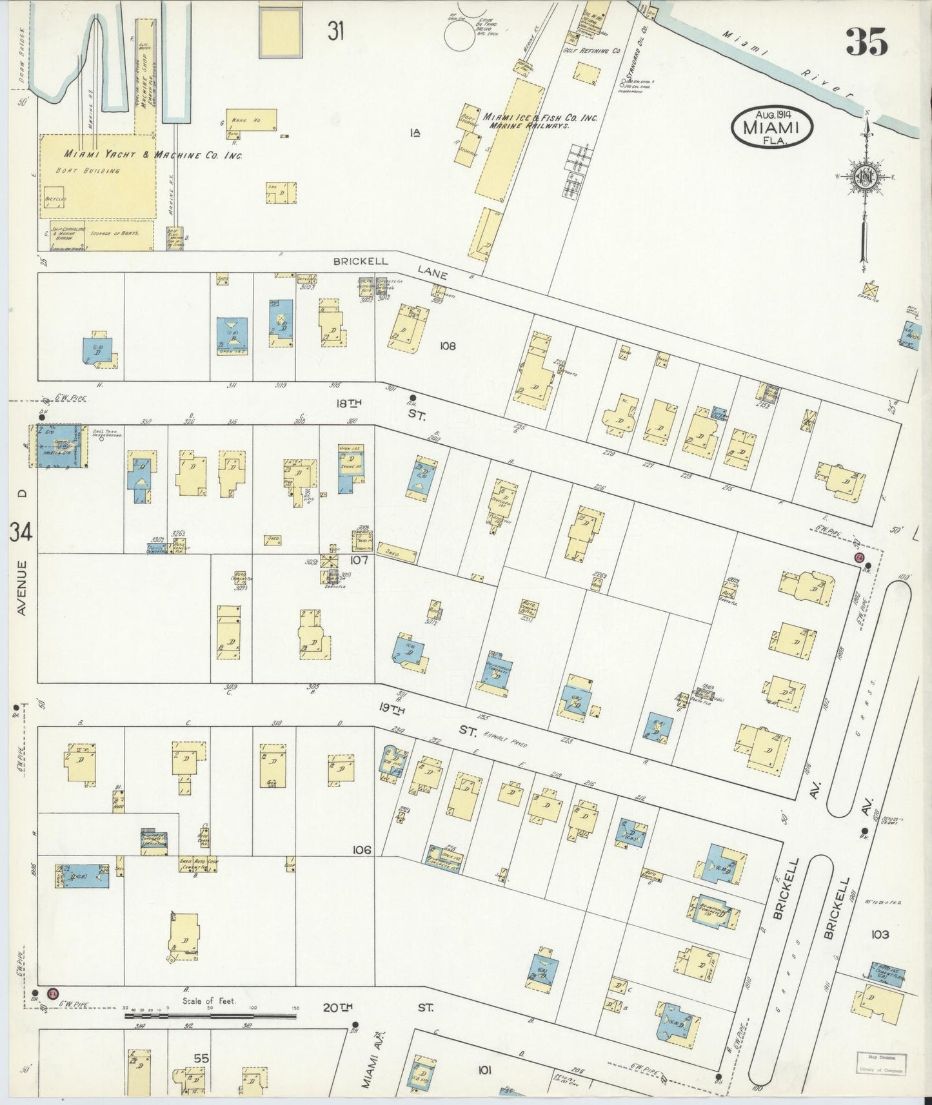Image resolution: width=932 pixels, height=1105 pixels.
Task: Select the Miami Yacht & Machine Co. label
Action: point(152,155)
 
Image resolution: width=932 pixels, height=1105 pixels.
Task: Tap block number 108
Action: point(448,346)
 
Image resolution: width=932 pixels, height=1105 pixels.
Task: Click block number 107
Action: point(359,560)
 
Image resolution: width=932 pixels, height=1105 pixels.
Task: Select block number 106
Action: point(361,850)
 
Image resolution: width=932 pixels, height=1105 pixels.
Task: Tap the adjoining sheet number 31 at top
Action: point(334,32)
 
